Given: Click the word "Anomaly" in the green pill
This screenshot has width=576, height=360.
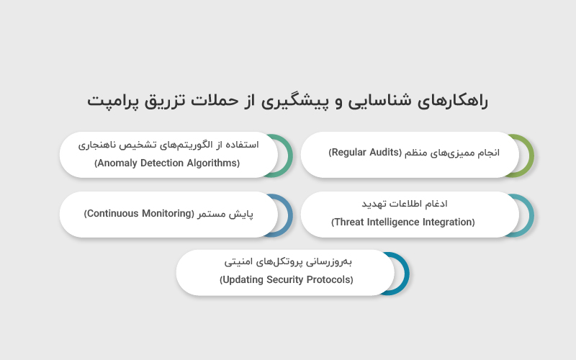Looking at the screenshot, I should coord(118,163).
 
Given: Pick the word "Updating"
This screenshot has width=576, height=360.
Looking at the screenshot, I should coord(243,279).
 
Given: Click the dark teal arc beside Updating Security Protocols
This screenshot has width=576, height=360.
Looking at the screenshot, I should coord(404,272).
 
